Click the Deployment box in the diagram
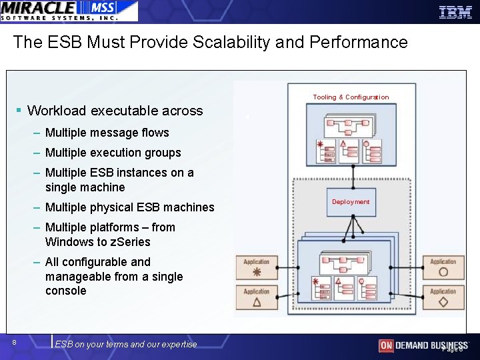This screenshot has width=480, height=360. tap(351, 201)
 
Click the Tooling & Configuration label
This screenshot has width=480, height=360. tap(351, 97)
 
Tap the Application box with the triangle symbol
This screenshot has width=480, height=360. tap(257, 297)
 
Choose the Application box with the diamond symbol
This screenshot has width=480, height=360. tap(443, 297)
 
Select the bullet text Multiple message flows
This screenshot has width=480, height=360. tap(107, 133)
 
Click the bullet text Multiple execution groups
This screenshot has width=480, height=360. tap(113, 153)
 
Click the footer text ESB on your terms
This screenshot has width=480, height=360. tap(126, 344)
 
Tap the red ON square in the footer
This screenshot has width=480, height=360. tap(386, 345)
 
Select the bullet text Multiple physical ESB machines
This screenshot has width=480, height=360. tap(129, 207)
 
